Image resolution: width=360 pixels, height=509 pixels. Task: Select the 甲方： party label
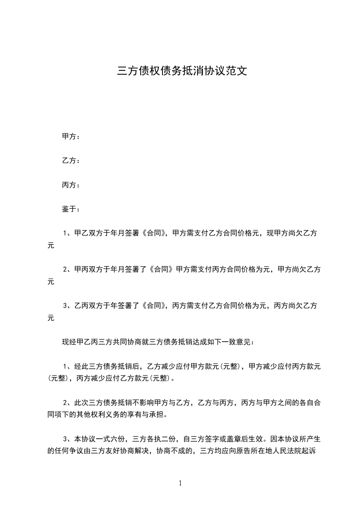(71, 136)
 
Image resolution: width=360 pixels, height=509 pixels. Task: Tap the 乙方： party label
(71, 161)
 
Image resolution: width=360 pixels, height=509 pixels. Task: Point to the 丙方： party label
(71, 185)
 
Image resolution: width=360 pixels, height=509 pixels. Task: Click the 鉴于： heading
(71, 210)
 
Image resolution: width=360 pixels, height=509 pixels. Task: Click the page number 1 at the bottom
(180, 484)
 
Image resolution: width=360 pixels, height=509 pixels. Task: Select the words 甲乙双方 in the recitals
(87, 234)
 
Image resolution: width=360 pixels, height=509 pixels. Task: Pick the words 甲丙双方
(87, 269)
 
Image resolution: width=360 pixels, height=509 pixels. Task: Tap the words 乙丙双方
(87, 306)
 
